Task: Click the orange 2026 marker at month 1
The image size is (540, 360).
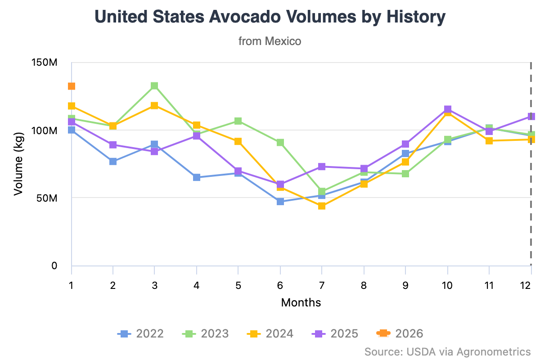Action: click(71, 86)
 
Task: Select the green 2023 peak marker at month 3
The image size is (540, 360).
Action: click(154, 86)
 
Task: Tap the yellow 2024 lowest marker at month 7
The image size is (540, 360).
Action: click(322, 206)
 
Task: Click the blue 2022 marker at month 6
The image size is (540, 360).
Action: click(280, 201)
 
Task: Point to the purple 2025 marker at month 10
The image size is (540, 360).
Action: click(447, 109)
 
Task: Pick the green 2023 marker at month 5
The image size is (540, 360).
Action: click(238, 121)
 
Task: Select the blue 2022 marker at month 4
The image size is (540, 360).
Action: click(197, 177)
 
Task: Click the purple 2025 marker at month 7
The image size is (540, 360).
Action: click(322, 166)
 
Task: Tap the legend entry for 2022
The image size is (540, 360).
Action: click(140, 333)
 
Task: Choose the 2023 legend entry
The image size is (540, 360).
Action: click(205, 333)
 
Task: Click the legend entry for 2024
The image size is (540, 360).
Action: click(270, 333)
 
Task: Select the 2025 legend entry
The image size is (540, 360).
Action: click(335, 333)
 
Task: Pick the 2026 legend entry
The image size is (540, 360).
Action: click(400, 333)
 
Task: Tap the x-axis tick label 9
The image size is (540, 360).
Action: click(405, 285)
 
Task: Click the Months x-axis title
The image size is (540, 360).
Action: click(301, 302)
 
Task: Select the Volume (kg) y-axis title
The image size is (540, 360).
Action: click(18, 164)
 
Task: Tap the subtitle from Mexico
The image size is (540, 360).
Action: click(270, 41)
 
